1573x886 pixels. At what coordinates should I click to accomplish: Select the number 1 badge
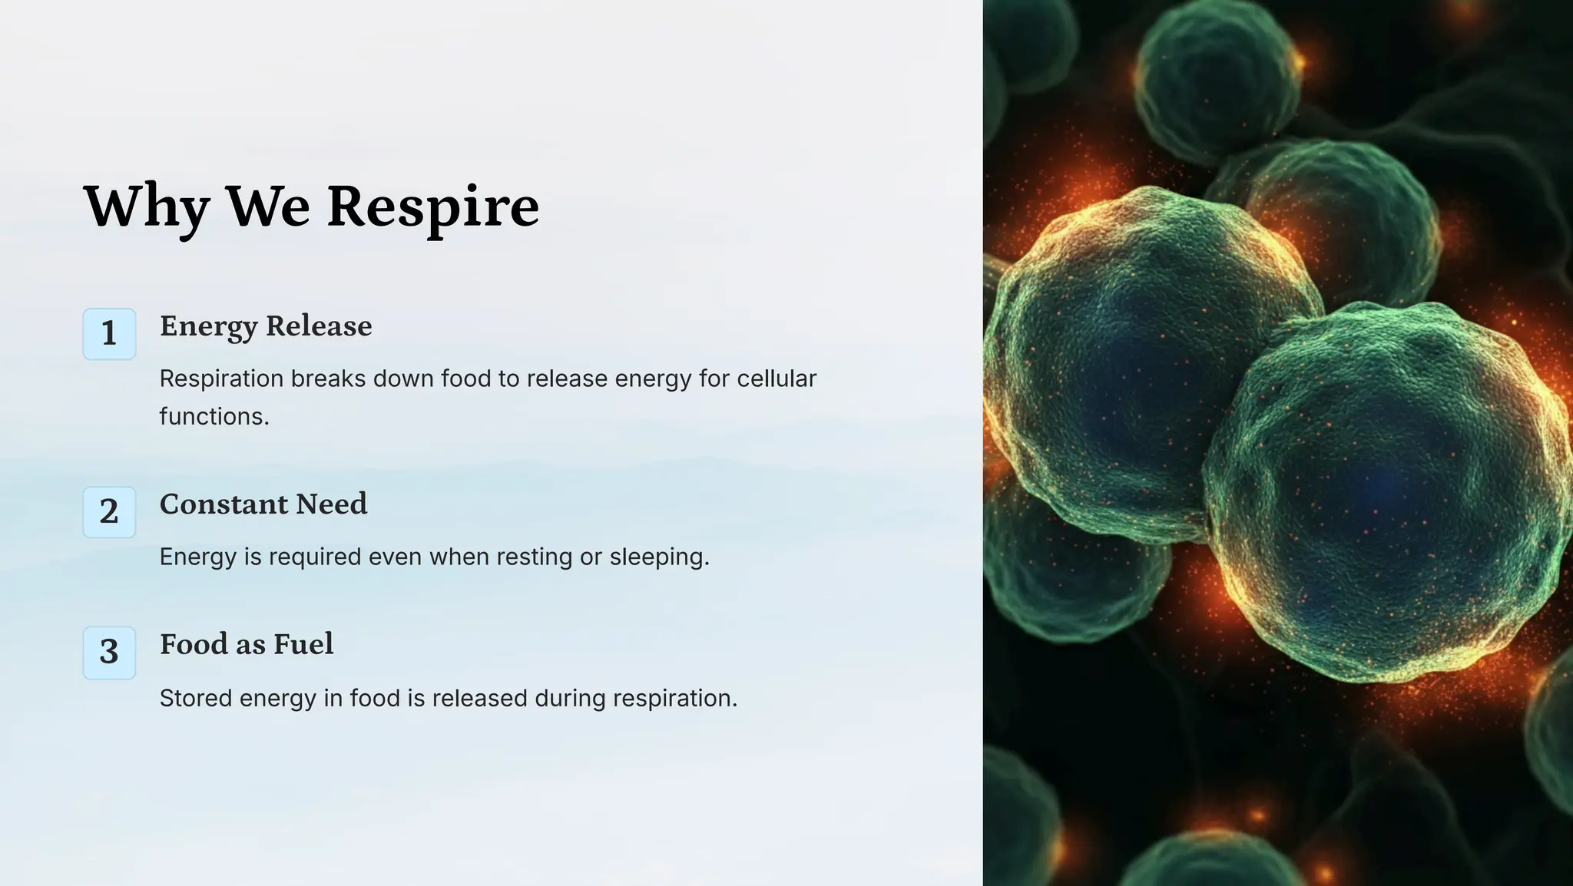(109, 334)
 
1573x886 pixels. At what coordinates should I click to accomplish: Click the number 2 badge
(109, 512)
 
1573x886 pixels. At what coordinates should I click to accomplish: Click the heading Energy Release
(266, 326)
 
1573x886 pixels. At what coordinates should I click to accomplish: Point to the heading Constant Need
(263, 504)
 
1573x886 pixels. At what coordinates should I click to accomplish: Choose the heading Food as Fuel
(247, 644)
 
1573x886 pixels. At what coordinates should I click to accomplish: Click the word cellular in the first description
(777, 379)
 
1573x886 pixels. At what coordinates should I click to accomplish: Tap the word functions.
(214, 416)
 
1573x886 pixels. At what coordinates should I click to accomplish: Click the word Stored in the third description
(195, 699)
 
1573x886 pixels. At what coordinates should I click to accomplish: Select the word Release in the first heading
(319, 326)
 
